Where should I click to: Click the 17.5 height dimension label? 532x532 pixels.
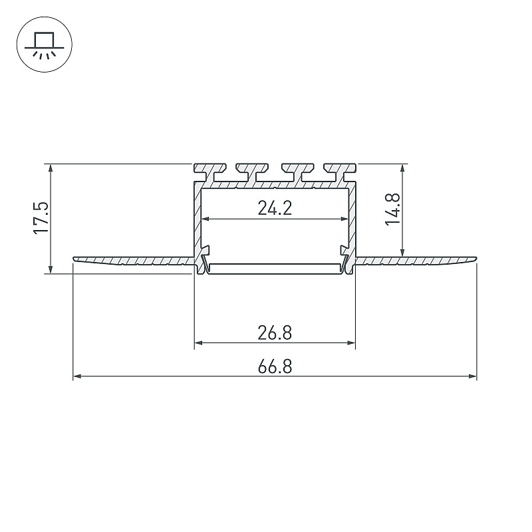(41, 218)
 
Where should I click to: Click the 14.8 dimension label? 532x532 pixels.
(393, 209)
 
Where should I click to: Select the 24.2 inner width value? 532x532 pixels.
(275, 208)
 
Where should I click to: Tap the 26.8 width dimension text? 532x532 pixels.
(275, 333)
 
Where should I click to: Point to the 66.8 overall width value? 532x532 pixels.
(275, 367)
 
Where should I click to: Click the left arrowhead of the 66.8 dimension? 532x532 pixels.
(77, 376)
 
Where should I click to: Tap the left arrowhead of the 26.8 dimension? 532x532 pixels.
(198, 343)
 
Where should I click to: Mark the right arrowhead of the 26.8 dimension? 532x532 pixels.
(351, 343)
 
